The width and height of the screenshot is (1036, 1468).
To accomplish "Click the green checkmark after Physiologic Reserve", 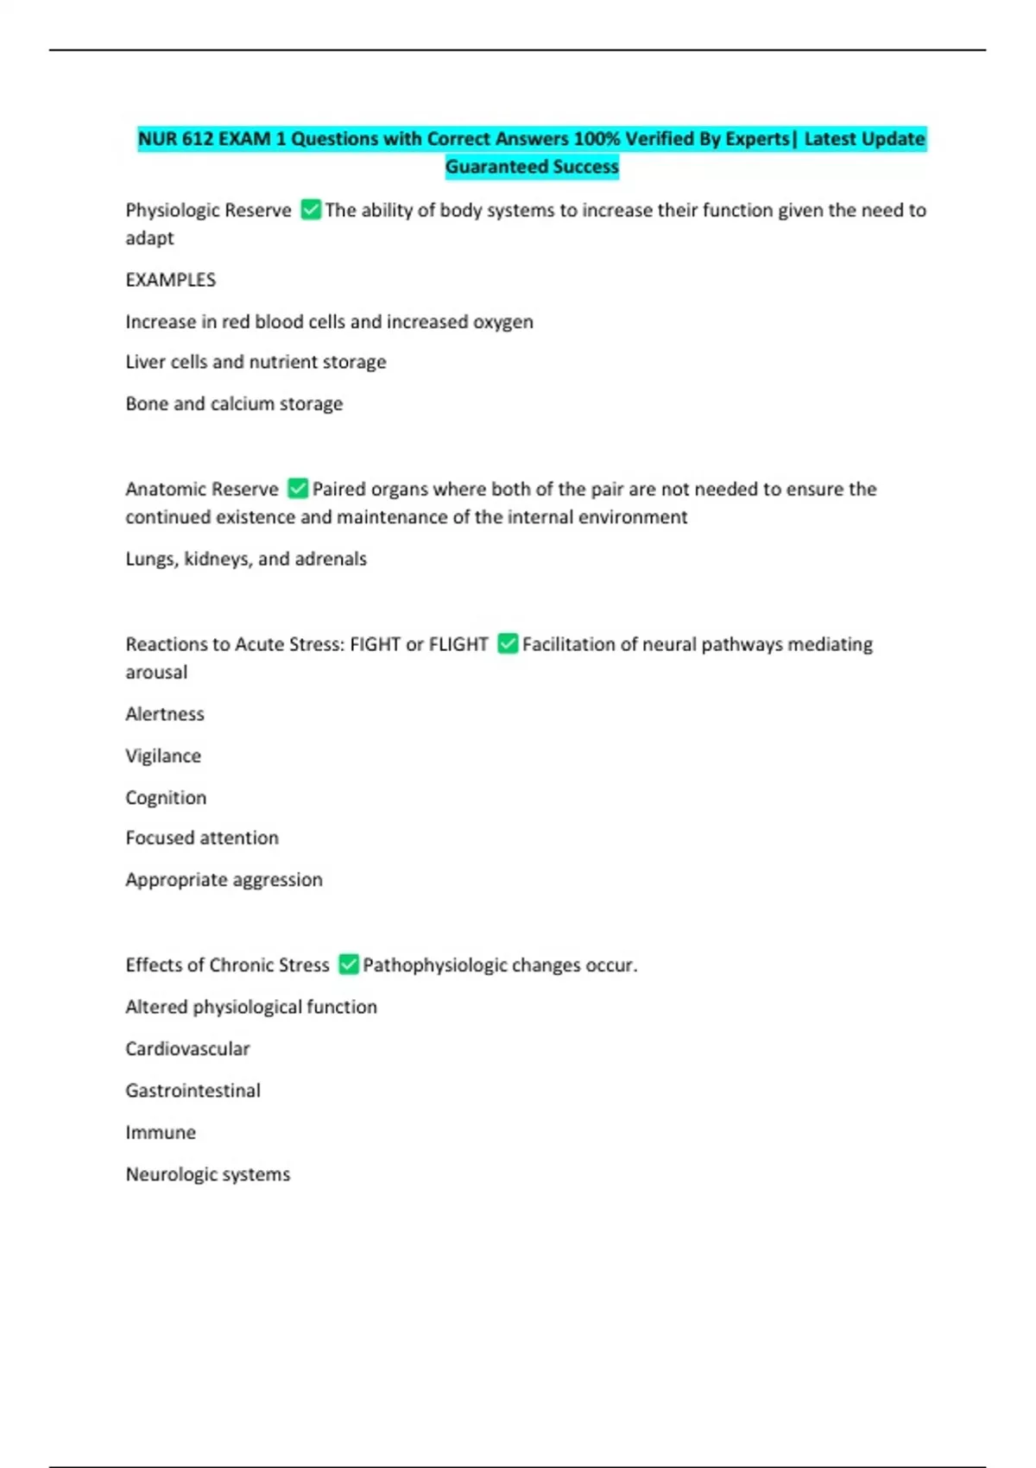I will coord(311,210).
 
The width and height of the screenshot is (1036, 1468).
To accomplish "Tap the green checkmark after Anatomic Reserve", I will coord(298,489).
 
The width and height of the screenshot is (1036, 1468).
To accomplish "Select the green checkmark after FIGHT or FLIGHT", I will coord(508,644).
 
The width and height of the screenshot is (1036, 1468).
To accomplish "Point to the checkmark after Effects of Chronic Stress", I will coord(349,965).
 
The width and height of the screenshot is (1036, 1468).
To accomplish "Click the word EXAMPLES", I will coord(171,280).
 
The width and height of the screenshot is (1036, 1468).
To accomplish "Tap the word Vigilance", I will coord(163,756).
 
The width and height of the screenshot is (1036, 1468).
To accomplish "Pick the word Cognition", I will coord(166,797).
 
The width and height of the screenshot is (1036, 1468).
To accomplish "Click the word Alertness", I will coord(165,714).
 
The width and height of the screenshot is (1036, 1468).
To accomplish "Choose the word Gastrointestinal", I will coord(193,1091).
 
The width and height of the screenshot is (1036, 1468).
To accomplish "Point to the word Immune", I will coord(161,1132).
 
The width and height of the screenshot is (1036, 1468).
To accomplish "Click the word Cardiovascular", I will coord(187,1048).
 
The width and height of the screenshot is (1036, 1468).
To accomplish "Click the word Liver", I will coord(144,362).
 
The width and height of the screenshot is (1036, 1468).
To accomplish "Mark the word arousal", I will coord(156,672).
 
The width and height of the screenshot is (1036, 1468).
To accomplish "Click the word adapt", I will coord(149,238).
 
